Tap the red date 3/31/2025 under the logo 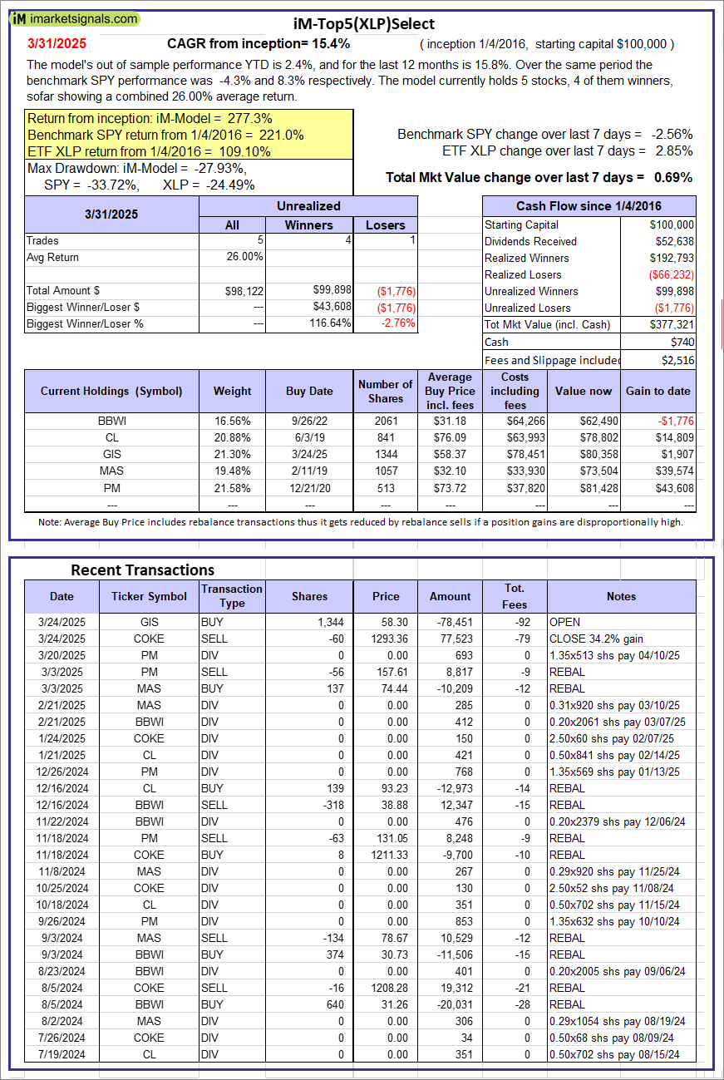coord(56,43)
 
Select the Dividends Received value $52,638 coord(672,241)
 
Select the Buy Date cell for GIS coord(309,454)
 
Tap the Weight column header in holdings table coord(232,391)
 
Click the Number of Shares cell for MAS coord(386,471)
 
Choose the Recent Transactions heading coord(142,570)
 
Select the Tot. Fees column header coord(515,596)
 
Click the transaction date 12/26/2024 coord(61,772)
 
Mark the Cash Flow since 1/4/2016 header coord(589,206)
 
